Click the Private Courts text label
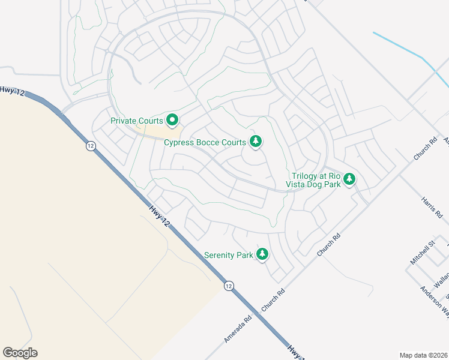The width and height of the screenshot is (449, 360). pos(137,121)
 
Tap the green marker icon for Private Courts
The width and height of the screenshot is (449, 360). pos(172,121)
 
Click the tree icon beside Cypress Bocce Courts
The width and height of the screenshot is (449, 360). pos(256,142)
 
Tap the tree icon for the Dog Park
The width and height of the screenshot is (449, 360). pos(349,179)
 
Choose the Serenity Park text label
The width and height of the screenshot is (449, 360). pos(228,255)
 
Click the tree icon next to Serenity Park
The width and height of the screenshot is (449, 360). pos(262,254)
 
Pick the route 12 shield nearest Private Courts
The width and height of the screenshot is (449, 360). pos(90,146)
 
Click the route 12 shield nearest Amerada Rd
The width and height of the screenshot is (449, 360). pos(229,286)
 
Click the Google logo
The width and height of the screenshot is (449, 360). pos(20,353)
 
